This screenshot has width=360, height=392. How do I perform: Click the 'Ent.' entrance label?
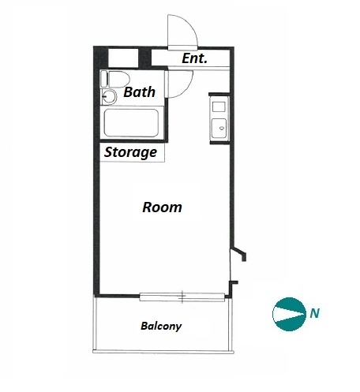tap(195, 58)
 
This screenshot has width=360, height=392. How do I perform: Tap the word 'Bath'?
tap(139, 92)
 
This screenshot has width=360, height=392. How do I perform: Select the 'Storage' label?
tap(130, 152)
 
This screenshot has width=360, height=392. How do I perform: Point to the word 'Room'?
tap(162, 207)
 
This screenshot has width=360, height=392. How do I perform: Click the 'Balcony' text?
tap(161, 326)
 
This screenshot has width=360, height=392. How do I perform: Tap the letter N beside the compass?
tap(315, 313)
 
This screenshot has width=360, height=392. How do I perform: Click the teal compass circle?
tap(289, 314)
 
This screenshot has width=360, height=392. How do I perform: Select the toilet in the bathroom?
tap(115, 79)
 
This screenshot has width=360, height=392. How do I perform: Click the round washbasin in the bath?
tap(109, 97)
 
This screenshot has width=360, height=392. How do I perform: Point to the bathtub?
tap(131, 123)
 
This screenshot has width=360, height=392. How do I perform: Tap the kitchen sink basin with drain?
tap(219, 128)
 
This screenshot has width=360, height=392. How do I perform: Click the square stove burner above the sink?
tap(219, 107)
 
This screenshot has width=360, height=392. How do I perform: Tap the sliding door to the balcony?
tap(182, 297)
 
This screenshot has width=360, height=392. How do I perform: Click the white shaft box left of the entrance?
tap(123, 58)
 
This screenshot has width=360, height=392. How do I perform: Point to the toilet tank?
tap(104, 79)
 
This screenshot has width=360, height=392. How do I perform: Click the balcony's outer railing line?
tap(163, 351)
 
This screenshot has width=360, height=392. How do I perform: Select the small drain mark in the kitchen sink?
tap(222, 128)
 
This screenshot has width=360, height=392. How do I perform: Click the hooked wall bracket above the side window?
tap(240, 252)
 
